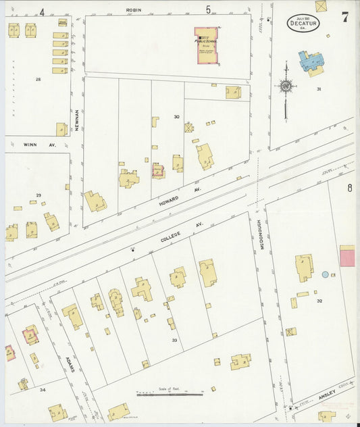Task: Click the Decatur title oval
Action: pos(303,23)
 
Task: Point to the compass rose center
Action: pos(286,86)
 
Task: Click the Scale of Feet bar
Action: pos(169,394)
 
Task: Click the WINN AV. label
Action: pos(32,143)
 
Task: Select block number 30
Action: pos(176,117)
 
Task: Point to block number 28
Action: pos(38,80)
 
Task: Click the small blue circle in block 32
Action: pos(325,274)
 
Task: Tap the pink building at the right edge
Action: pos(347,256)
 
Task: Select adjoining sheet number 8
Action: pos(349,188)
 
